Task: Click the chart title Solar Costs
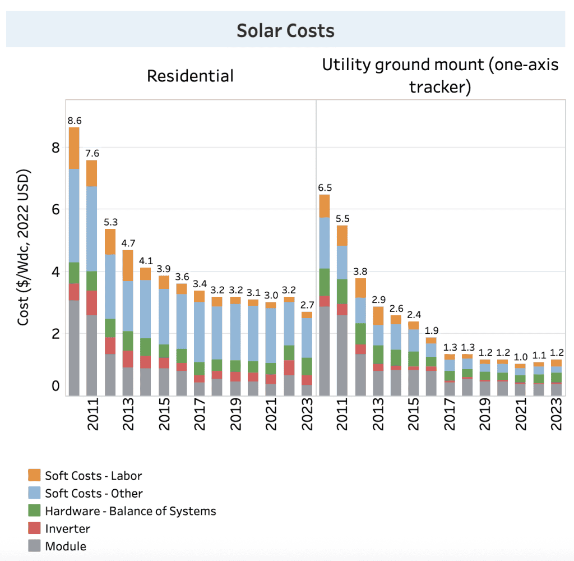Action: (x=285, y=30)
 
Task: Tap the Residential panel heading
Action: (x=190, y=76)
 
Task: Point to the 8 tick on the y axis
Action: (x=55, y=148)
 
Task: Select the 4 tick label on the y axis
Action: (x=55, y=272)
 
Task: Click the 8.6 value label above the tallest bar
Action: (x=74, y=120)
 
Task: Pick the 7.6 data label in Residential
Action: (x=92, y=153)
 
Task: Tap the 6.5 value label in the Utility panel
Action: (x=324, y=187)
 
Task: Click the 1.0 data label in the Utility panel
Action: (x=521, y=357)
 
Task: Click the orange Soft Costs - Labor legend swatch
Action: (x=34, y=475)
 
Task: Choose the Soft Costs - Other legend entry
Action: (x=94, y=493)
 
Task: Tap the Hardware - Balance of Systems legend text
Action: (x=130, y=511)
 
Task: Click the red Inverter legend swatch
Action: (x=34, y=528)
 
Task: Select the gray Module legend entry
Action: (x=65, y=546)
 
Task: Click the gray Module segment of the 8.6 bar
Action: (x=74, y=348)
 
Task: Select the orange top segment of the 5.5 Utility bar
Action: (x=342, y=235)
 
